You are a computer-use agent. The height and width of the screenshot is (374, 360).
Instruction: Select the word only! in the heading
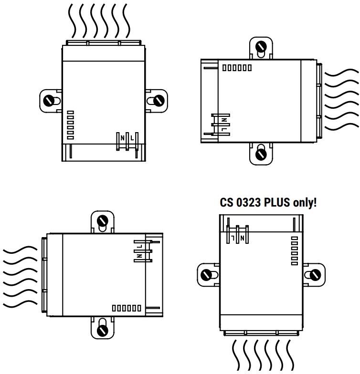point(302,202)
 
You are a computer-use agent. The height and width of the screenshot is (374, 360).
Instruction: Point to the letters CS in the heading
point(226,202)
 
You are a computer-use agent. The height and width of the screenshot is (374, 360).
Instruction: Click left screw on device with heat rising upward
point(49,101)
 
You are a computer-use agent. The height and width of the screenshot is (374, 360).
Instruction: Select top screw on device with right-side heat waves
point(261,47)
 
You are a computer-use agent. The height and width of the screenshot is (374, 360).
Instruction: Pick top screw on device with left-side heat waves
point(102,221)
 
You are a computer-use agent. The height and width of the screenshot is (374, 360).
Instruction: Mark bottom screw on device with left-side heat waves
point(102,329)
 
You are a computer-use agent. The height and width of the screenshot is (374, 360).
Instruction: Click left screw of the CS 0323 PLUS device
point(206,275)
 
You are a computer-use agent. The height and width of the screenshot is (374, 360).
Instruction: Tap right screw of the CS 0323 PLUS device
point(315,275)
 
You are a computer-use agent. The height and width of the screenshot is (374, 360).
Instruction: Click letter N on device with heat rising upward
point(123,138)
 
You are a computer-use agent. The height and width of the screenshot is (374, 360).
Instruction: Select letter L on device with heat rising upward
point(132,138)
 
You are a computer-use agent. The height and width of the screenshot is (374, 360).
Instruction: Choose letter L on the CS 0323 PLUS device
point(233,237)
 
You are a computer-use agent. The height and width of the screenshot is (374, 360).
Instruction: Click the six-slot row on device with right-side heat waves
point(237,68)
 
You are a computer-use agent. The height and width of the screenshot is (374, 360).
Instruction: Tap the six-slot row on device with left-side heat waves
point(127,308)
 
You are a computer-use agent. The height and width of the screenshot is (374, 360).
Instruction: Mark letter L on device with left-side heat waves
point(140,246)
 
